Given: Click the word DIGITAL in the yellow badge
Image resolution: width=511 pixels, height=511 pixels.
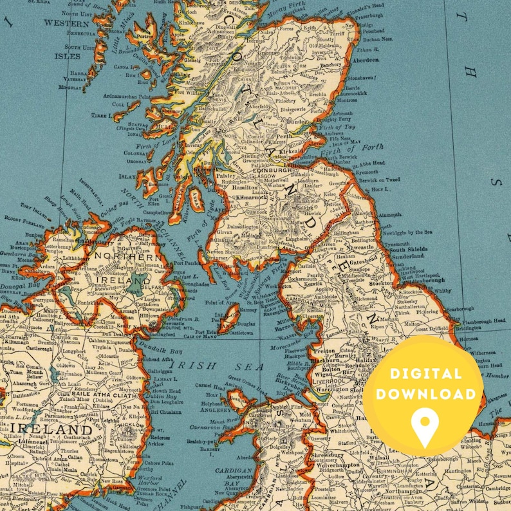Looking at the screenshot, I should pyautogui.click(x=425, y=374).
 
